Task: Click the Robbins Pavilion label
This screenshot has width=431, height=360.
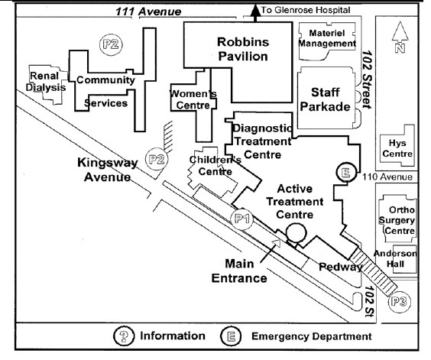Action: [243, 49]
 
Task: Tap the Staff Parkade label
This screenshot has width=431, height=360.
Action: [325, 99]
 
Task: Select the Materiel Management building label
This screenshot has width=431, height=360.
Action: [327, 38]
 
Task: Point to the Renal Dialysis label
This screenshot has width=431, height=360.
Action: [45, 82]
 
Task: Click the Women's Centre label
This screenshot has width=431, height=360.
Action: [193, 99]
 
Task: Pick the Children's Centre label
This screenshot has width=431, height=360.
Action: [215, 165]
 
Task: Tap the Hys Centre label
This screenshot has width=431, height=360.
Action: [397, 148]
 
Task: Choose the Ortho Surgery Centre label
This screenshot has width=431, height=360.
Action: [397, 220]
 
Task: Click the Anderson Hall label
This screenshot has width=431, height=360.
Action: [395, 258]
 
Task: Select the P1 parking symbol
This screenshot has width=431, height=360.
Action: [242, 219]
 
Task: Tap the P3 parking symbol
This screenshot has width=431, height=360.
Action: [399, 302]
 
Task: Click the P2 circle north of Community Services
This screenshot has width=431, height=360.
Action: [111, 44]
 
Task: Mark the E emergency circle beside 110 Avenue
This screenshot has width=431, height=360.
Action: [346, 173]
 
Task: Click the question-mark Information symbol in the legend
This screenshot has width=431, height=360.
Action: [124, 336]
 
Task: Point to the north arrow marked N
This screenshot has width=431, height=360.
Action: [400, 37]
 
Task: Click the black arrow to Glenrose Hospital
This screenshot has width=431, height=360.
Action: [256, 13]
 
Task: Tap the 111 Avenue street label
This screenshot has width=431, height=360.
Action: [148, 11]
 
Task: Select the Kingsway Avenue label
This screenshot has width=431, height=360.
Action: [108, 170]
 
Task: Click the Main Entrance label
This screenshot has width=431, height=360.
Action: [239, 271]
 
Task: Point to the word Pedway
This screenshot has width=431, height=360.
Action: [341, 267]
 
